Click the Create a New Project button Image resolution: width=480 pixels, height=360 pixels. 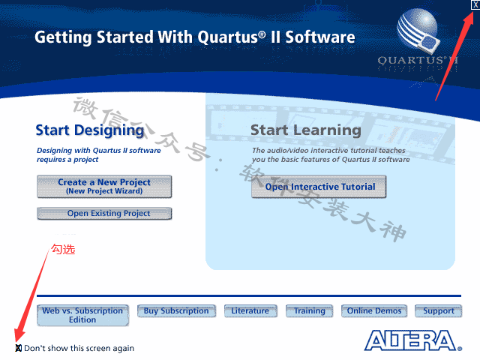[104, 187]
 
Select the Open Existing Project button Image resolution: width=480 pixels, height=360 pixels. [104, 213]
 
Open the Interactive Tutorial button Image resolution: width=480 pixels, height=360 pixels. [319, 187]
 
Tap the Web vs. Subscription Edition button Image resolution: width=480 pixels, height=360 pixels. [82, 315]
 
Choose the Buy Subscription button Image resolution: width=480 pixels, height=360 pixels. [177, 310]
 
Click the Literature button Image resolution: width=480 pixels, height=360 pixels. [250, 310]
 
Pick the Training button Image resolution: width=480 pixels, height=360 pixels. [309, 310]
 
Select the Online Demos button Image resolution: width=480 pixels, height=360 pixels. [374, 310]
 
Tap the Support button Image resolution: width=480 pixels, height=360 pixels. [438, 310]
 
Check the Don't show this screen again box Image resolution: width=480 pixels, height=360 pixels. [18, 348]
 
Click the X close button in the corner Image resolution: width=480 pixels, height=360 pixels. [475, 4]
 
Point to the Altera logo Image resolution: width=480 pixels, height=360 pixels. [413, 340]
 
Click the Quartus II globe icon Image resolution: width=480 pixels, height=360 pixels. [418, 30]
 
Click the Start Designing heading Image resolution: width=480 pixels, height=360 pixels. [90, 130]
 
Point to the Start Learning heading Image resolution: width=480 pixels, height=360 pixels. [306, 130]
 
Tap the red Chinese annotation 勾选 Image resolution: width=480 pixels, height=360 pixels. [63, 249]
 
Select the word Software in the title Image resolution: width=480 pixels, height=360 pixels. [320, 37]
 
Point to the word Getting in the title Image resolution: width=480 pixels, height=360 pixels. [63, 37]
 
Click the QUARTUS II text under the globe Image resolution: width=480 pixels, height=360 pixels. [418, 60]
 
